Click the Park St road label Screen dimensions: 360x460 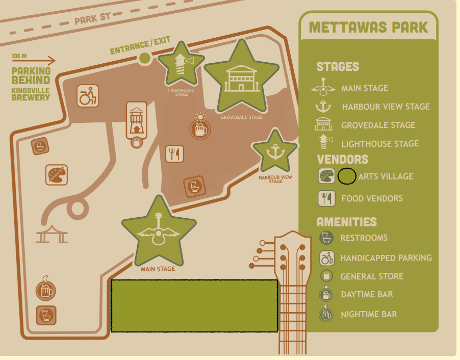pos(92,19)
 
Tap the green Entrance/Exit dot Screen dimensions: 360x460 pos(145,59)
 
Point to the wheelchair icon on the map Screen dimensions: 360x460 pos(88,96)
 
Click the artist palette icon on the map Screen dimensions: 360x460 pos(57,175)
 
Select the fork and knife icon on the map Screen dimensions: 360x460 pos(174,153)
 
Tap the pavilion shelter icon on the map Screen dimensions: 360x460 pos(52,235)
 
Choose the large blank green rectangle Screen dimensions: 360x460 pos(194,305)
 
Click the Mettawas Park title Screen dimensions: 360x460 pos(368,27)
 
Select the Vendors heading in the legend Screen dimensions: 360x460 pos(342,159)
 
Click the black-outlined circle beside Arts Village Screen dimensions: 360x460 pos(347,176)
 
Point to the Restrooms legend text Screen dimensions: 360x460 pos(364,238)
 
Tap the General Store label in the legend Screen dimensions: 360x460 pos(372,277)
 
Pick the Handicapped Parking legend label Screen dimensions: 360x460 pos(386,258)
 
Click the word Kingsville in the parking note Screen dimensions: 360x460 pos(31,90)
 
